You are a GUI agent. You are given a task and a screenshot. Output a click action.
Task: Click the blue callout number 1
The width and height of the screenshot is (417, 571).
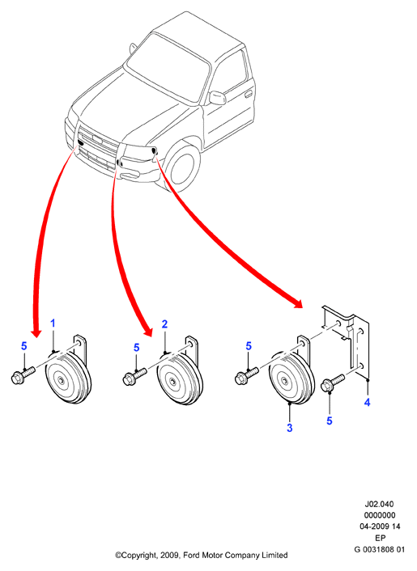click(x=53, y=323)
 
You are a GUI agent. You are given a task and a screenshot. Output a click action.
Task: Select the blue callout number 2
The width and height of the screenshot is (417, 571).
click(x=164, y=324)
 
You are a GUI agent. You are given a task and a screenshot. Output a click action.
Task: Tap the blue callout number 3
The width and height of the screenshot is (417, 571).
click(x=289, y=428)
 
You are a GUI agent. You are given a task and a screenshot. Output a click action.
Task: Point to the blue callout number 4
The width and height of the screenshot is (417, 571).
click(x=367, y=402)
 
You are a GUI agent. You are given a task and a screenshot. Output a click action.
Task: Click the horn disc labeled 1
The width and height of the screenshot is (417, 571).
click(x=68, y=379)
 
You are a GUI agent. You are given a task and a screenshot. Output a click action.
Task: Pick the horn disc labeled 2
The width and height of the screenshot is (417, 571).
click(x=180, y=379)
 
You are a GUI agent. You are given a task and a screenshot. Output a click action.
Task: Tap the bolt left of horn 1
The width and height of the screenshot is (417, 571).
click(x=23, y=375)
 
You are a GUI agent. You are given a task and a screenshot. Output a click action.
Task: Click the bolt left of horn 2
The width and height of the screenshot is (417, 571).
click(x=135, y=376)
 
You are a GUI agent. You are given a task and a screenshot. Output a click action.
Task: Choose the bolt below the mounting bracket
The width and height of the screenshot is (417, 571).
click(x=333, y=383)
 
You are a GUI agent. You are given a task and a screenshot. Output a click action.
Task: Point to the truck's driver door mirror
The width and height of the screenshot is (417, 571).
click(x=217, y=98)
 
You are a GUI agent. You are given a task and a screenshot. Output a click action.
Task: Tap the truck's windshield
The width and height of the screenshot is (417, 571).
click(x=168, y=69)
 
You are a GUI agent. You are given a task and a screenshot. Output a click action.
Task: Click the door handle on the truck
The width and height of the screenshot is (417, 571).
click(x=249, y=94)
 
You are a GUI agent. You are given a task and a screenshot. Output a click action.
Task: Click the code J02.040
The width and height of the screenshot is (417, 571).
click(x=379, y=504)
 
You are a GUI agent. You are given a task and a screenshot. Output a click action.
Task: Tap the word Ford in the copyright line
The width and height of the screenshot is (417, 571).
click(x=190, y=556)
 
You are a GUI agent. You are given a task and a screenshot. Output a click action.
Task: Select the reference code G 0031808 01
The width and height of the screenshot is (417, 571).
click(x=379, y=549)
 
